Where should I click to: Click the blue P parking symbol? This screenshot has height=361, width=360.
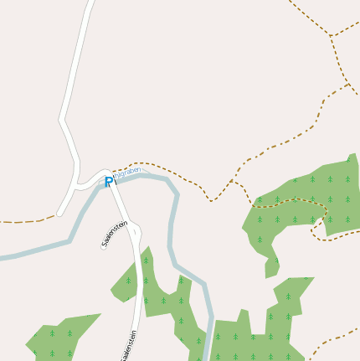tap(109, 182)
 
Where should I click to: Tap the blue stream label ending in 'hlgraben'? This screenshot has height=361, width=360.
tap(126, 173)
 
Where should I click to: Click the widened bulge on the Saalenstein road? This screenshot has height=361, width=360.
tap(134, 232)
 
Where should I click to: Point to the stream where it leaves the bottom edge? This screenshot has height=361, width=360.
tap(208, 356)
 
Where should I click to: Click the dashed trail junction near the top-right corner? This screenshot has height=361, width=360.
tap(331, 37)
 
